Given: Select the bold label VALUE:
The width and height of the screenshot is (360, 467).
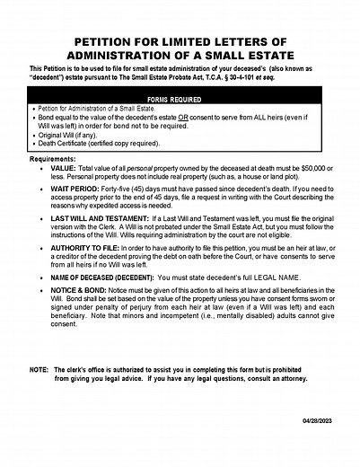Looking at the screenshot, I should tap(64, 168).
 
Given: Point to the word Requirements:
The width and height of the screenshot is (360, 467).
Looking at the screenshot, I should tap(53, 158).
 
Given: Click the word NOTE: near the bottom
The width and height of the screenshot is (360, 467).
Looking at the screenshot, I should tap(39, 370).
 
